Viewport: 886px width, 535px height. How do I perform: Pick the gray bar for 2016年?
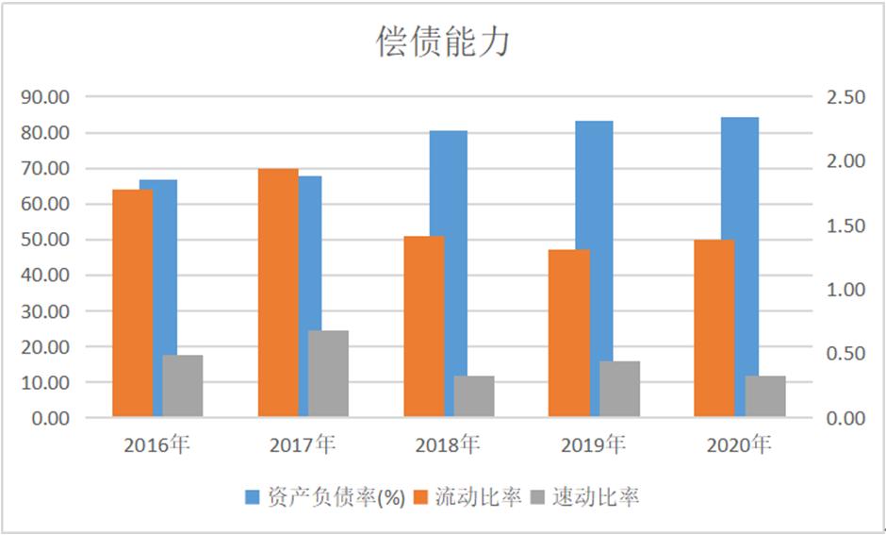tap(182, 386)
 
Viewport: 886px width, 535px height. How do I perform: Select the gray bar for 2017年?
tap(328, 374)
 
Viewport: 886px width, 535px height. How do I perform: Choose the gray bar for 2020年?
tap(765, 396)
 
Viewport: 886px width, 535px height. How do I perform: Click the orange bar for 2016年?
tap(132, 303)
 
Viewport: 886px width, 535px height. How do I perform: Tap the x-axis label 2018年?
tap(448, 443)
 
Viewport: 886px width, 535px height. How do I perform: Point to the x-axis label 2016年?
tap(156, 443)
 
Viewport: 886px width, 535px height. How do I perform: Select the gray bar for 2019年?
tap(619, 389)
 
